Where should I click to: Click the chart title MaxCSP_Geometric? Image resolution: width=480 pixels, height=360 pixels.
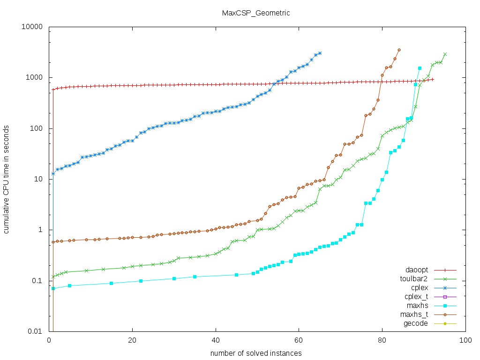pyautogui.click(x=256, y=13)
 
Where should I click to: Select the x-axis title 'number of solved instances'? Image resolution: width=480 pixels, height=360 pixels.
pyautogui.click(x=255, y=352)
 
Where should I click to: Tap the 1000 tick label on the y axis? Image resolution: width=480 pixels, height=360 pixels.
pyautogui.click(x=35, y=78)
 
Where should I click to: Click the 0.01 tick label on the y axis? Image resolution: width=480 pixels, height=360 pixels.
pyautogui.click(x=36, y=331)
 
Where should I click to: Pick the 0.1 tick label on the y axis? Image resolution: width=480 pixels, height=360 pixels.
pyautogui.click(x=37, y=281)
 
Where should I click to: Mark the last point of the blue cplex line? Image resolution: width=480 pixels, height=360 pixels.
pyautogui.click(x=320, y=53)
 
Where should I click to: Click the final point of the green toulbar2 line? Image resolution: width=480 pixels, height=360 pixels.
pyautogui.click(x=445, y=54)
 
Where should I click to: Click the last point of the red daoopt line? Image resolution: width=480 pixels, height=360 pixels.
pyautogui.click(x=432, y=79)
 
